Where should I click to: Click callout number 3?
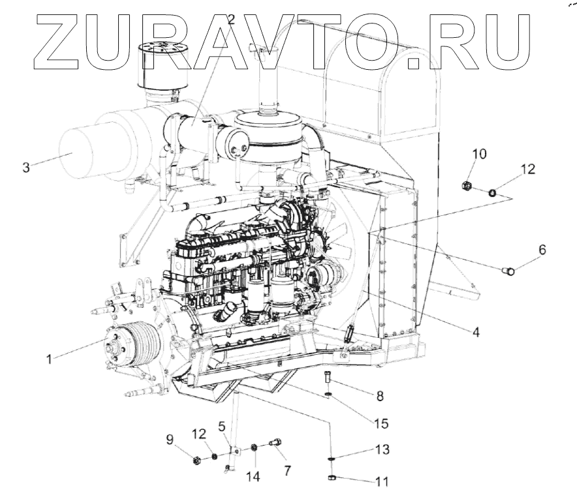tap(25, 167)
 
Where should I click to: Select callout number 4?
tap(476, 332)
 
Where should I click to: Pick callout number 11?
tap(381, 482)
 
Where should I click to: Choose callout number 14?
tap(253, 477)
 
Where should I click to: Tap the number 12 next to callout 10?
tap(527, 170)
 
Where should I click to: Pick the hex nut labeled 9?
tap(196, 461)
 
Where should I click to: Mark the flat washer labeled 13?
tap(332, 459)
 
